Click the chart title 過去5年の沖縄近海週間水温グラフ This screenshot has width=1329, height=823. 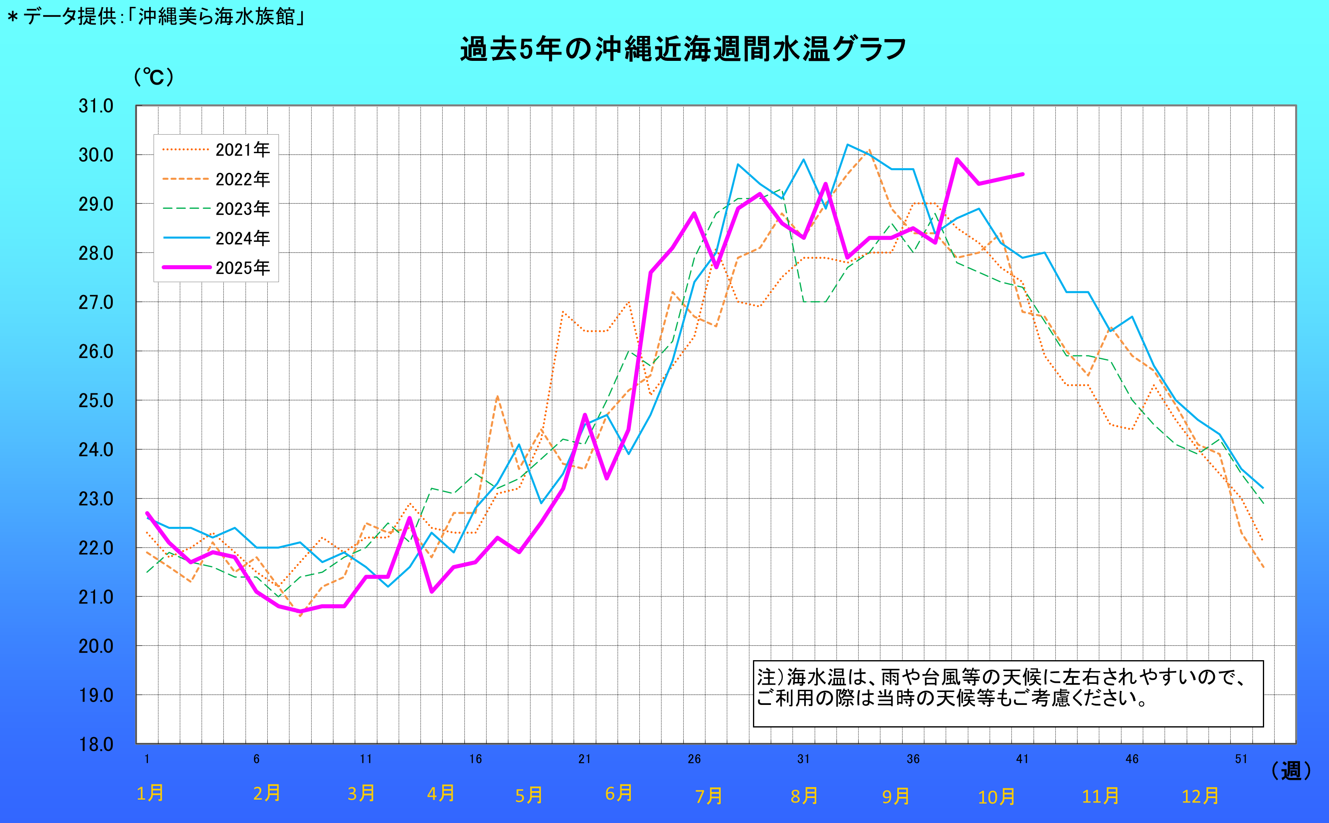(x=683, y=49)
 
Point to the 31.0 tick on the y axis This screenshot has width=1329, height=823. (x=96, y=106)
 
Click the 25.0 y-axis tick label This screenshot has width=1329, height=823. (x=96, y=401)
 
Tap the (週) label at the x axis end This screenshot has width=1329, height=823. (x=1291, y=771)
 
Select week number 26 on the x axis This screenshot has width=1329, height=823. (x=694, y=759)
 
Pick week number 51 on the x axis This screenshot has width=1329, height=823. (x=1241, y=759)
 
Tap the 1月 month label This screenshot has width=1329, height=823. (x=150, y=794)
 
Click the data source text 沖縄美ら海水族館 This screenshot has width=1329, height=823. (x=216, y=17)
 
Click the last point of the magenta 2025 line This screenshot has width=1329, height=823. (x=1023, y=174)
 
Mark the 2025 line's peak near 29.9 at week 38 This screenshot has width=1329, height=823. (x=957, y=160)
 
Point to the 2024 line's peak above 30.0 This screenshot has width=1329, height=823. (x=847, y=145)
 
